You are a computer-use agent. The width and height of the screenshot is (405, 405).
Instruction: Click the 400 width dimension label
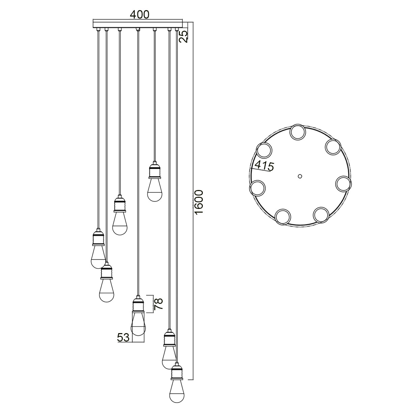pos(139,14)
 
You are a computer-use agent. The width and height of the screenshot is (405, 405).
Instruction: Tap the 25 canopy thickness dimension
pos(183,36)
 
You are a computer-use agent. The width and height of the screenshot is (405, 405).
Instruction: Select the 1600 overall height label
pos(198,202)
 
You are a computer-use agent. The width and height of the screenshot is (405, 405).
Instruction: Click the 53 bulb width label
pos(123,337)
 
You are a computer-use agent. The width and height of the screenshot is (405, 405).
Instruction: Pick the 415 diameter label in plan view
pos(264,166)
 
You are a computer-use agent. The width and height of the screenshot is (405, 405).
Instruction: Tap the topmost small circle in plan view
pos(298,132)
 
